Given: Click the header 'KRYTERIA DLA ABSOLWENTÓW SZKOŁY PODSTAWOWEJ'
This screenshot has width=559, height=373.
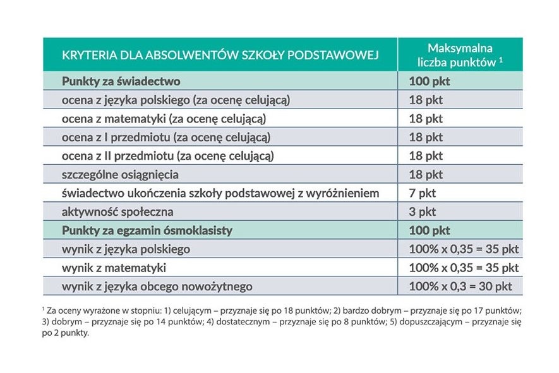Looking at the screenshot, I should (220, 55).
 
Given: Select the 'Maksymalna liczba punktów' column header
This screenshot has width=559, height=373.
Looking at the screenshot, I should (460, 55).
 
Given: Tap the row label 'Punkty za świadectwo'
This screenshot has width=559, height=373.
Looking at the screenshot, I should (121, 81).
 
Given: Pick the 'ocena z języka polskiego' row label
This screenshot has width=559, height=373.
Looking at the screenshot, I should (176, 100).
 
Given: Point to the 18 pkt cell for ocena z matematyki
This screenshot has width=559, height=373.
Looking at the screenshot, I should (426, 118).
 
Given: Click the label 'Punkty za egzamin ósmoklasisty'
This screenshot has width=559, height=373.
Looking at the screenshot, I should (147, 230).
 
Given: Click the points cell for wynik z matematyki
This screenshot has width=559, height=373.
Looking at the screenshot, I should (464, 268).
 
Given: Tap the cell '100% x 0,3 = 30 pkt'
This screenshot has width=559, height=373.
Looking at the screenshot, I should (460, 287).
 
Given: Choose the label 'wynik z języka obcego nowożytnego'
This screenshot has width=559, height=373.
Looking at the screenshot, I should (157, 287).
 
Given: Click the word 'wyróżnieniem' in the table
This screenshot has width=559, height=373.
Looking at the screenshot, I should (344, 192).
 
